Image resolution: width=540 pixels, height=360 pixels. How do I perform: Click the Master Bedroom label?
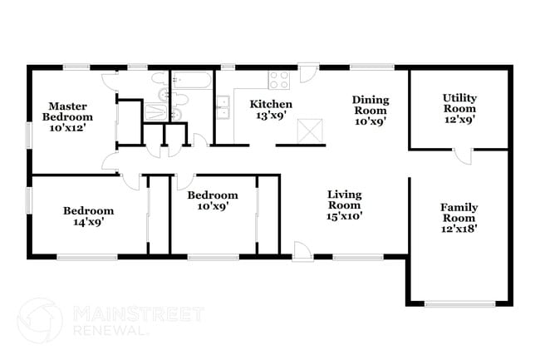coord(67,111)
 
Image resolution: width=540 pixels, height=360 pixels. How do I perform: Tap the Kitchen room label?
coord(272,104)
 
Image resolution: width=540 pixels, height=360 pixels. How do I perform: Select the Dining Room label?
coord(371,104)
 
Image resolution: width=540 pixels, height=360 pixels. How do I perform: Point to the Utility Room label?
coord(459,102)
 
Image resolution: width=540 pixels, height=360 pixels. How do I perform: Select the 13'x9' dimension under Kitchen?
coord(272,117)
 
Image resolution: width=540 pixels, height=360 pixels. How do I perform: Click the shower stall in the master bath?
coord(155,112)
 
